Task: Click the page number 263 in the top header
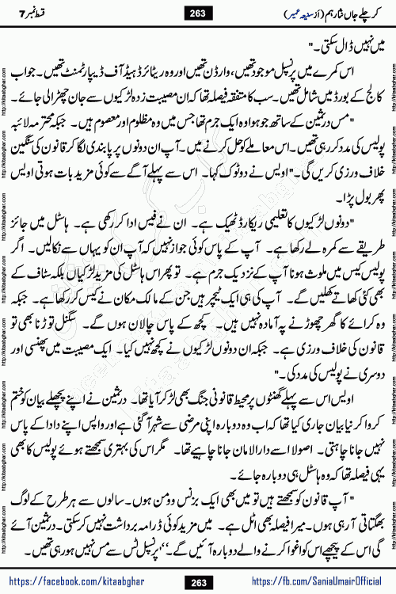pos(198,10)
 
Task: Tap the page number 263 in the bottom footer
pos(198,582)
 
